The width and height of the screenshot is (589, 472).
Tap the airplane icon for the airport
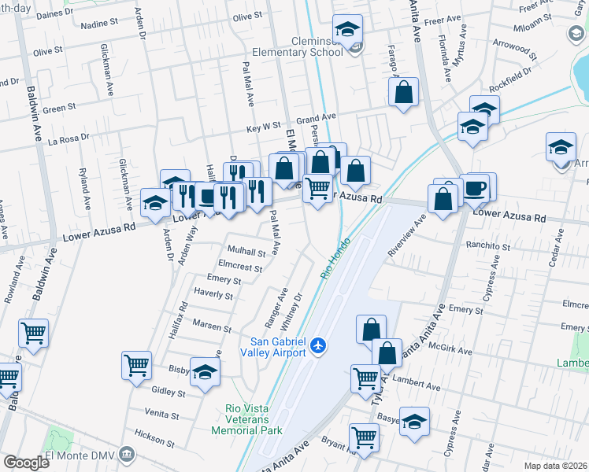point(318,345)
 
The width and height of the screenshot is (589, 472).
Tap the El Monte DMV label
point(80,456)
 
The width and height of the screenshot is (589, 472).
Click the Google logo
point(26,463)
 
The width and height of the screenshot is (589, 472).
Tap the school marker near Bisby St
point(206,369)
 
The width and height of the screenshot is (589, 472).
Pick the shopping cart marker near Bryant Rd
point(364,437)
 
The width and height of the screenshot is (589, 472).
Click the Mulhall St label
point(246,253)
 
